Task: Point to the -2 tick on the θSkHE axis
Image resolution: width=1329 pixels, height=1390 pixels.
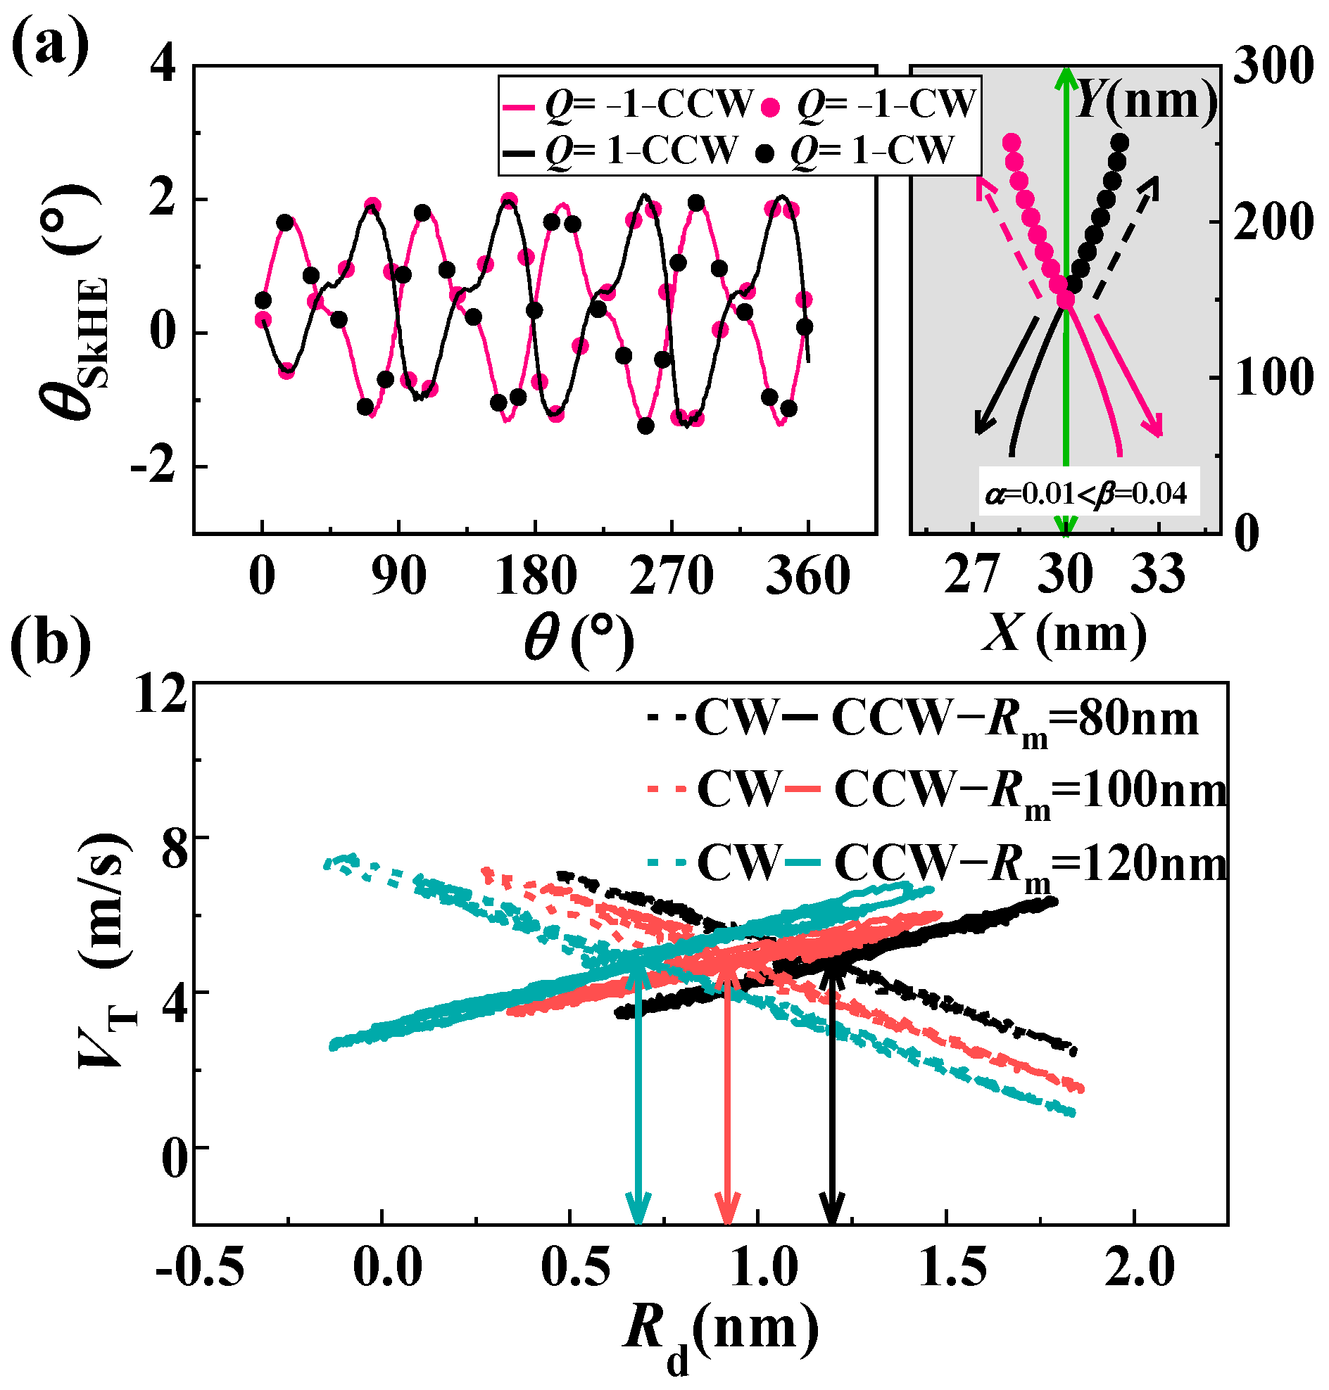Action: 153,466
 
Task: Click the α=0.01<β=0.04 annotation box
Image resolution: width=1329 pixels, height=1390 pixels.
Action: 1089,492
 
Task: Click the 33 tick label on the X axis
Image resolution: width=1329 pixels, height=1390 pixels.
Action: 1157,575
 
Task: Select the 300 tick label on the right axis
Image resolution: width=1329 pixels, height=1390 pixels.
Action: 1273,68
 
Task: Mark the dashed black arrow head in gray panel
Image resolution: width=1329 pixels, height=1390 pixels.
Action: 1152,183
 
